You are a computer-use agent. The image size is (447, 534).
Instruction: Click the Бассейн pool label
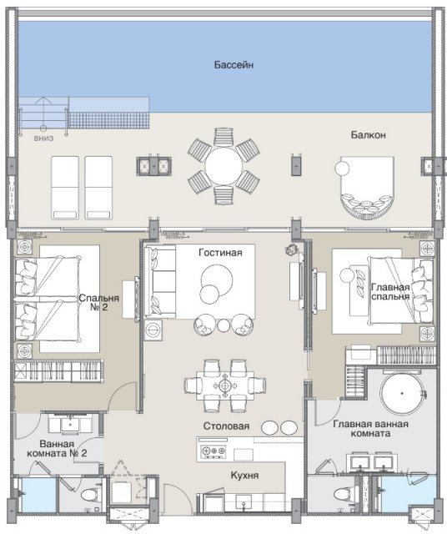(x=234, y=65)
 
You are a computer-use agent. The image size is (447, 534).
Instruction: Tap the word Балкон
(x=369, y=135)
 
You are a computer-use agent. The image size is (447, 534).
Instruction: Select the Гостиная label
(x=221, y=253)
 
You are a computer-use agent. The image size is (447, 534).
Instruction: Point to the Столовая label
(x=226, y=426)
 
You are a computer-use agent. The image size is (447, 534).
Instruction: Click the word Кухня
(x=244, y=475)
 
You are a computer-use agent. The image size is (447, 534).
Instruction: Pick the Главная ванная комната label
(x=370, y=429)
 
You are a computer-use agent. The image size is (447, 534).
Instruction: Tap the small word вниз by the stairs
(x=43, y=139)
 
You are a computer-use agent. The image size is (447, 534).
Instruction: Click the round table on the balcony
(x=223, y=166)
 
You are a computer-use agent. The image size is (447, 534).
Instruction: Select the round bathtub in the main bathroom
(x=402, y=393)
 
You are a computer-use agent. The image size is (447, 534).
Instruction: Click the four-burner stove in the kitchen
(x=213, y=451)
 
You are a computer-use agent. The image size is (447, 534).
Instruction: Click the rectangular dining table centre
(x=225, y=385)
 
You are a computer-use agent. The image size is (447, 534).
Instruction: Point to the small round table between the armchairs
(x=223, y=325)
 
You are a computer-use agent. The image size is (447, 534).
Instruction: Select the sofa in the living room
(x=160, y=281)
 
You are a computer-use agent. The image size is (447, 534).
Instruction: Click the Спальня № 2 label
(x=98, y=302)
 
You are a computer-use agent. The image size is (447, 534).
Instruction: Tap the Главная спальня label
(x=390, y=291)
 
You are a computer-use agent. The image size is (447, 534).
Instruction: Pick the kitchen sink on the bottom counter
(x=244, y=501)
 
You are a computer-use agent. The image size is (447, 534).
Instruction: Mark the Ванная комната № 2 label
(x=57, y=449)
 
